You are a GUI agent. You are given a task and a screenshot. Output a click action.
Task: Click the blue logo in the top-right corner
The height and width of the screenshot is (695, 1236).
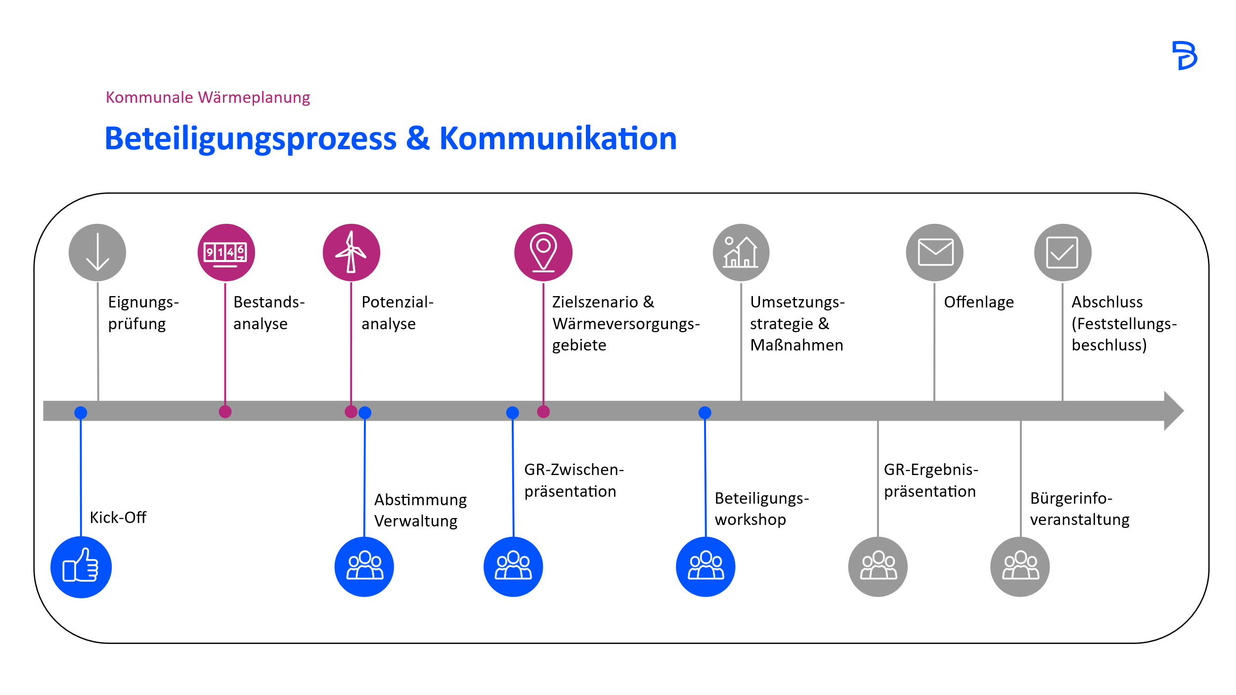point(1185,55)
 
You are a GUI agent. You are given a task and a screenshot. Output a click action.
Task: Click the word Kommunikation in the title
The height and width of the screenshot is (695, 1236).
point(558,138)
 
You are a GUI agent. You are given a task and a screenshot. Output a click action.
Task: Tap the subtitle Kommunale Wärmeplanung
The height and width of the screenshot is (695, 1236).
point(208,97)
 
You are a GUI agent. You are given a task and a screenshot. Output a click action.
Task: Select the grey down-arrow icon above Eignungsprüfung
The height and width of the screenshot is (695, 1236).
point(97,253)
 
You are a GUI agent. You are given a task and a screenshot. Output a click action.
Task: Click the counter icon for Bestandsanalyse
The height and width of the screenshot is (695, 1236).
point(226,253)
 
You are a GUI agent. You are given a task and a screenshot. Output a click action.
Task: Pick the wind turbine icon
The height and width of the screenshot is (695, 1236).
point(351,253)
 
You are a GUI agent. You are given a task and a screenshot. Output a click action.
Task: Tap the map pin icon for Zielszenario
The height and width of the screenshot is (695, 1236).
point(543,253)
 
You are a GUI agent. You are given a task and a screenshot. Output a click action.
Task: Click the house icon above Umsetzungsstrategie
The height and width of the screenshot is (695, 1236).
point(741,253)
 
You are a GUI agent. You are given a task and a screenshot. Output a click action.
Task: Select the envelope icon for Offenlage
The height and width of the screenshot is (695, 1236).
point(934,253)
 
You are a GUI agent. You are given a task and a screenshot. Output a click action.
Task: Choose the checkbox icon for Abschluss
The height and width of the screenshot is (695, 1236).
point(1062,253)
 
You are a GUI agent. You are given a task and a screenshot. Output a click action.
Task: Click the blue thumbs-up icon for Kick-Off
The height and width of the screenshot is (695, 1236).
point(81,567)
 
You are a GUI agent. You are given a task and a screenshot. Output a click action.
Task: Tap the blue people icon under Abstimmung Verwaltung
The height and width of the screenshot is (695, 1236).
point(364,566)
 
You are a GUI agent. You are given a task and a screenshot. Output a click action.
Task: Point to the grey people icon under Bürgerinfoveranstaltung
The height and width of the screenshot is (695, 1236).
point(1020,566)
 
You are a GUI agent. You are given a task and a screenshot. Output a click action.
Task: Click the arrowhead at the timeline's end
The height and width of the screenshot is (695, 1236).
point(1174,411)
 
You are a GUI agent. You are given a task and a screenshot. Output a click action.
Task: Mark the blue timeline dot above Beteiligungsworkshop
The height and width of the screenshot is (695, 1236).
point(705,412)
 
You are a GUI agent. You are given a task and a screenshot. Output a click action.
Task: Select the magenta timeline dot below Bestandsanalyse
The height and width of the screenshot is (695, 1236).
point(225,411)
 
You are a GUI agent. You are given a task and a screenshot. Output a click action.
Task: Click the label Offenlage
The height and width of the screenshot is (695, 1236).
point(978,302)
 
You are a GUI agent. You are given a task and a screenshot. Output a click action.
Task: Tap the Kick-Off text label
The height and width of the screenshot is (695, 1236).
point(118,518)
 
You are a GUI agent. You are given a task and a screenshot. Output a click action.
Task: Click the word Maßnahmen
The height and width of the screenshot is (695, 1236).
point(796,345)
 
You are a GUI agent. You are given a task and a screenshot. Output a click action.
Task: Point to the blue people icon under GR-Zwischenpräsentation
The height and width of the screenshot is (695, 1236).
point(513,566)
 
